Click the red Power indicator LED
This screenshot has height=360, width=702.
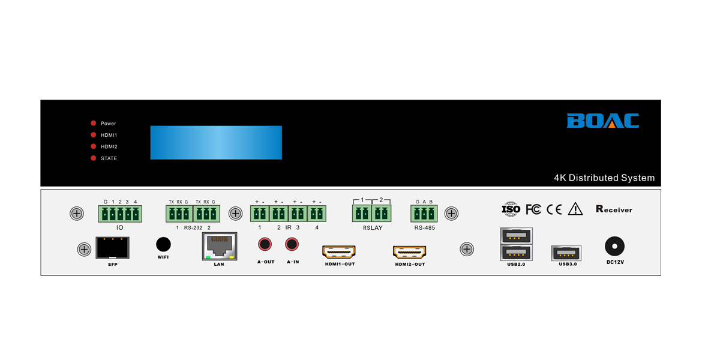click(x=93, y=123)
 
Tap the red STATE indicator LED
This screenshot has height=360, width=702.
click(x=93, y=158)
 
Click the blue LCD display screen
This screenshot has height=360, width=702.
click(x=216, y=142)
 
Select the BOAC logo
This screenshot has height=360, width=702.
click(x=602, y=121)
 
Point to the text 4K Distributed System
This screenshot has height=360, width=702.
click(x=604, y=178)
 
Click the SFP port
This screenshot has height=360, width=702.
click(x=112, y=247)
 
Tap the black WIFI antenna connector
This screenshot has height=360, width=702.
click(x=163, y=244)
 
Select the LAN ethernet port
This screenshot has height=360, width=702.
click(x=219, y=246)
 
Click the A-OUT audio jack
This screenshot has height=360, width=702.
click(x=265, y=244)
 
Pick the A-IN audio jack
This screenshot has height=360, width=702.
click(x=292, y=244)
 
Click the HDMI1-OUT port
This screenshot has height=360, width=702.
click(x=339, y=251)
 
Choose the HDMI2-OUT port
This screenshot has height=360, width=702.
click(x=409, y=252)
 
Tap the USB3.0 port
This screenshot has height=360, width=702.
click(x=566, y=252)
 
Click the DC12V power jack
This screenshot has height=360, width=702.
click(x=614, y=247)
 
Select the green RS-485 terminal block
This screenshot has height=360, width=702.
click(x=424, y=214)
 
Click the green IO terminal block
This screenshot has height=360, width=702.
click(x=120, y=214)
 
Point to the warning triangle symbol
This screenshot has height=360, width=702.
click(x=575, y=209)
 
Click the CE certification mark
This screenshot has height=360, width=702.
click(x=554, y=209)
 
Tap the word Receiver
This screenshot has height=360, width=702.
click(x=614, y=209)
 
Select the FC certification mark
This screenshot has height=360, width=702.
click(x=533, y=209)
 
